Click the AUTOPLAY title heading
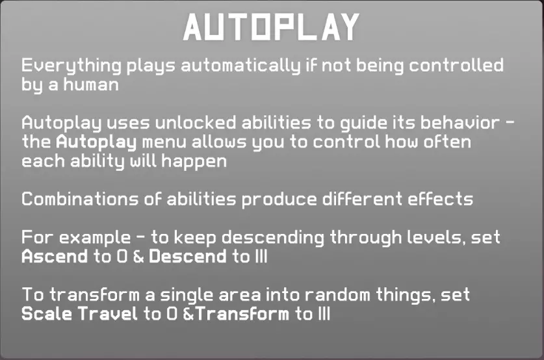tap(271, 27)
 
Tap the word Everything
tap(71, 66)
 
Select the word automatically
tap(240, 66)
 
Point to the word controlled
tap(456, 65)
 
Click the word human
tap(91, 84)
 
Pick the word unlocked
tap(196, 122)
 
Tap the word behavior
tap(460, 122)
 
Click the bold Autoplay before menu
tap(96, 142)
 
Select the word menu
tap(164, 142)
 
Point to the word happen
tap(194, 162)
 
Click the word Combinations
tap(80, 199)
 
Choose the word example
tap(95, 238)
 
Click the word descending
tap(273, 238)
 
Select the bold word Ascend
tap(55, 257)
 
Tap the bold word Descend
tap(188, 257)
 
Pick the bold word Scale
tap(47, 314)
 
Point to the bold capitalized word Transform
tap(242, 314)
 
